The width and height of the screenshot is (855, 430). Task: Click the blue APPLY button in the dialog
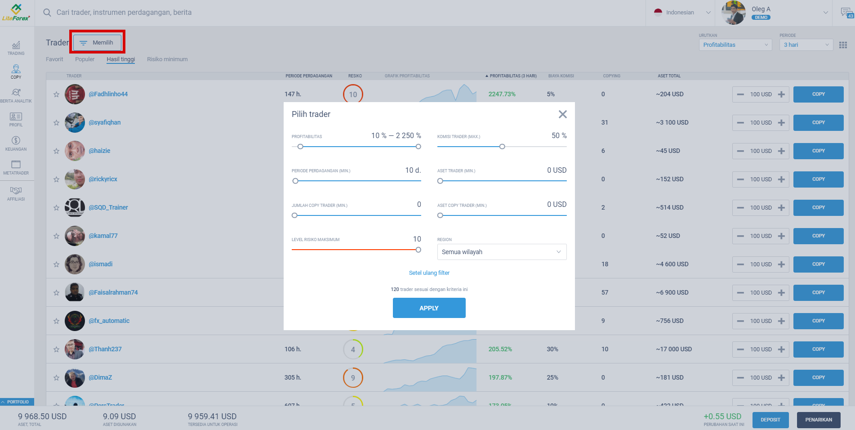click(429, 308)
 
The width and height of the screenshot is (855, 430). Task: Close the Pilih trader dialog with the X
click(562, 114)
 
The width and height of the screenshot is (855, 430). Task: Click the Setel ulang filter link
click(429, 273)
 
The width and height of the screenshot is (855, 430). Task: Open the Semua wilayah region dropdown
click(502, 252)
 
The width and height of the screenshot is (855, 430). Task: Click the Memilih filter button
click(97, 43)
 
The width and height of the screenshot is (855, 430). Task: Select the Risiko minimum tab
click(167, 59)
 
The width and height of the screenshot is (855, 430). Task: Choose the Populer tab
click(85, 59)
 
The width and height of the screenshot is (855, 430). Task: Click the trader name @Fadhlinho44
click(108, 94)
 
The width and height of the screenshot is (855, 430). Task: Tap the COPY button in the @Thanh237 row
click(818, 349)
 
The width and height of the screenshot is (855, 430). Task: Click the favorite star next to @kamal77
click(56, 236)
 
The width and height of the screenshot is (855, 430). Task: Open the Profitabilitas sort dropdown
click(735, 45)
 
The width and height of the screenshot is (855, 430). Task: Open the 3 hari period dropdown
click(806, 45)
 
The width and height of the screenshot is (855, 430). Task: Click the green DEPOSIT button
click(770, 420)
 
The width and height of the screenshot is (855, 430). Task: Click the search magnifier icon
click(47, 13)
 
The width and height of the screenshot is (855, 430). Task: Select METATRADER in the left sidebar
click(16, 167)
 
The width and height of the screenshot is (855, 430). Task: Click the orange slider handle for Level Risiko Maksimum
click(418, 250)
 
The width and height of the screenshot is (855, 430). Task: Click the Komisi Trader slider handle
click(502, 147)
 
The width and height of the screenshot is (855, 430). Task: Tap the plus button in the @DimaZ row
click(781, 378)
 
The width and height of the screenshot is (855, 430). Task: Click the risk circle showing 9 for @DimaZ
click(353, 378)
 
